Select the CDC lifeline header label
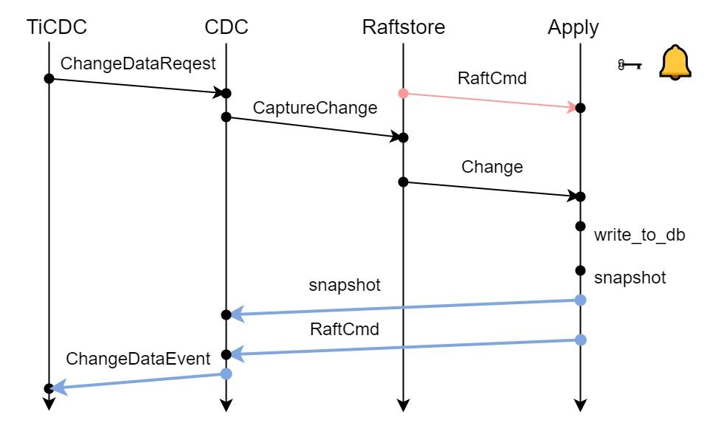[x=226, y=27]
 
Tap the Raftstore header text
[x=404, y=27]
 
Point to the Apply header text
[x=573, y=27]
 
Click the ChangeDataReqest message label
[x=138, y=64]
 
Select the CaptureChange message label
[x=315, y=108]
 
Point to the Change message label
[x=492, y=167]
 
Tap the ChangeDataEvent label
[x=139, y=359]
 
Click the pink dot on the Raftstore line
[x=403, y=93]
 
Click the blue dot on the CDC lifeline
[x=227, y=374]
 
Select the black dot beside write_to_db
[x=580, y=226]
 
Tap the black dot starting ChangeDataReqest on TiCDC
[x=49, y=78]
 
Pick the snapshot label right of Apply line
[x=630, y=278]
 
